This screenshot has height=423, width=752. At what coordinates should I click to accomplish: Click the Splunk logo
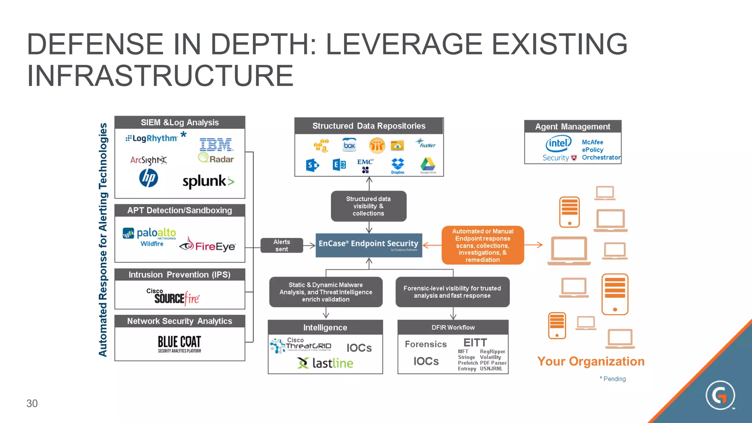(208, 181)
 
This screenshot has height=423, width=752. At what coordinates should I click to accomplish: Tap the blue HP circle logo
(148, 178)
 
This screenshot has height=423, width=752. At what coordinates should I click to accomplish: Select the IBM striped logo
(216, 145)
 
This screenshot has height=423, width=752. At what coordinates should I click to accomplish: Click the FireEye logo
(208, 245)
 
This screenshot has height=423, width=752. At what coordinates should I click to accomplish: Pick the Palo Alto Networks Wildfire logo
(150, 236)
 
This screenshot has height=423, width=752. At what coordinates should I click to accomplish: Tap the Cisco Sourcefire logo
(176, 297)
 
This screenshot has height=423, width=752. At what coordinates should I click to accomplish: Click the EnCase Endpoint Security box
(369, 245)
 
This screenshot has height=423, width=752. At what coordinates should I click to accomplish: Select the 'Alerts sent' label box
(282, 245)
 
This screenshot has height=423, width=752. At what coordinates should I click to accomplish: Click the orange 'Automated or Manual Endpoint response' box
(482, 245)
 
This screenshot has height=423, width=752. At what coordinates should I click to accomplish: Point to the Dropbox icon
(398, 166)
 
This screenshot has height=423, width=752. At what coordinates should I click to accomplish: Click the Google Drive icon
(428, 165)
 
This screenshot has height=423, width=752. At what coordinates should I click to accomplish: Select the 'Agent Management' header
(572, 127)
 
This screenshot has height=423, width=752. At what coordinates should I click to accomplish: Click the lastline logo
(325, 363)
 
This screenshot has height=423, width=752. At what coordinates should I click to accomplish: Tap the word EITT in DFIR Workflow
(475, 343)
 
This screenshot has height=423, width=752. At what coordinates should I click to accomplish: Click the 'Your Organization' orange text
(590, 361)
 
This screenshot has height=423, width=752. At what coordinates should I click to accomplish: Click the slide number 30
(32, 403)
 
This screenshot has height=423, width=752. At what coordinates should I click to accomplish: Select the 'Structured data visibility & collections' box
(368, 206)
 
